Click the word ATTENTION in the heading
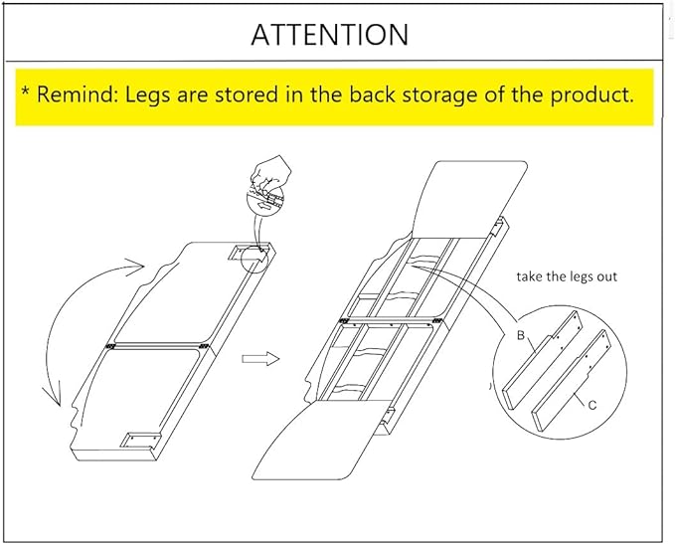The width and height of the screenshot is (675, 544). (x=330, y=35)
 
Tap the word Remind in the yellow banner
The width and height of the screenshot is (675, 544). (x=78, y=93)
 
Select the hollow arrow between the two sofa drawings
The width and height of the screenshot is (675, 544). (x=260, y=358)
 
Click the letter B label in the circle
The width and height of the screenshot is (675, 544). (x=521, y=335)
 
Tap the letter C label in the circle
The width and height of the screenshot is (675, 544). (x=592, y=406)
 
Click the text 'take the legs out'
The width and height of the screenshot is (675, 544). (x=567, y=276)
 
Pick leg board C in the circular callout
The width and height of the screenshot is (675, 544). (x=571, y=380)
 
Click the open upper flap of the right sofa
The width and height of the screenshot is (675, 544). (x=468, y=199)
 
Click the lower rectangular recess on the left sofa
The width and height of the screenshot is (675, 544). (x=140, y=441)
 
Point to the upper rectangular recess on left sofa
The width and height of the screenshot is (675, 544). (x=244, y=253)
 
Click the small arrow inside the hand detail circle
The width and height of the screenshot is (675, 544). (x=264, y=206)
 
